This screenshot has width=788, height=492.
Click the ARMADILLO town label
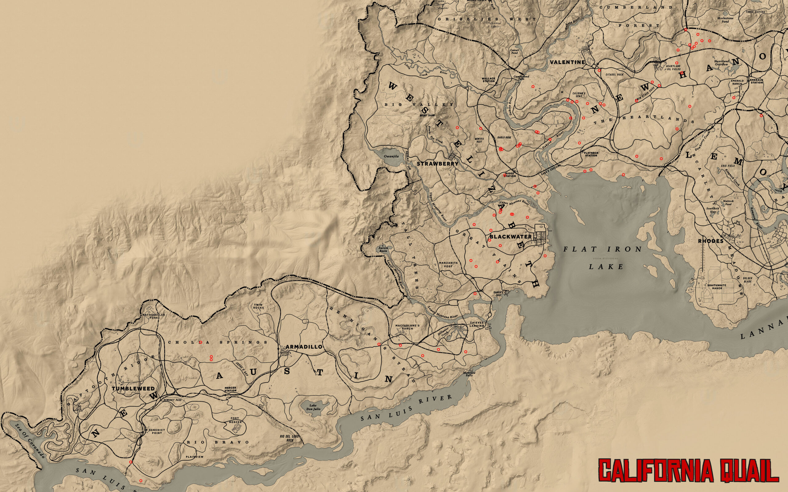(x=304, y=347)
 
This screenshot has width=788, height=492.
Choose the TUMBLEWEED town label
(x=129, y=389)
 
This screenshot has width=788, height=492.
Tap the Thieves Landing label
(x=477, y=324)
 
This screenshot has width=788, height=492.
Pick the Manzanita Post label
(x=445, y=264)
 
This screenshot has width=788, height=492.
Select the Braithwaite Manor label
(x=714, y=286)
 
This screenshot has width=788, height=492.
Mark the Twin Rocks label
(x=259, y=306)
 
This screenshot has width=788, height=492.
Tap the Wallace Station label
(x=488, y=80)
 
